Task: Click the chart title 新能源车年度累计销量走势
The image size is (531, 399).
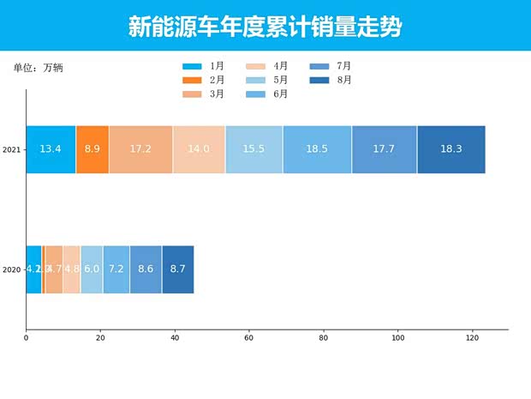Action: [265, 27]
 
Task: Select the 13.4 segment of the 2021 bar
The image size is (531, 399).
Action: [51, 149]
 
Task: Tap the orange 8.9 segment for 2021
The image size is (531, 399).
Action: [92, 149]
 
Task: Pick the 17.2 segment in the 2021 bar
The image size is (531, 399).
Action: [140, 149]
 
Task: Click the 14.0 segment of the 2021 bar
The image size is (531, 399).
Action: [199, 149]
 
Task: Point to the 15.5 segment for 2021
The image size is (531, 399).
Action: [254, 149]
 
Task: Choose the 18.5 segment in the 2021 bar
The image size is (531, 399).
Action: [317, 149]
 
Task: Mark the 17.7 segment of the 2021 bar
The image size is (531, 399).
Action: [384, 149]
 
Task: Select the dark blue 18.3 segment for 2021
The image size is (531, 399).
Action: [451, 149]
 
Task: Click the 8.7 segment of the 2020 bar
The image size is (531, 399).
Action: [177, 269]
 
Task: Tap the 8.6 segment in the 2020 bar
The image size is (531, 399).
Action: [146, 269]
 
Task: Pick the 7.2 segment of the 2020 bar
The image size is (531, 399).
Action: [116, 269]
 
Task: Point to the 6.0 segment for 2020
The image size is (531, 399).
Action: [92, 269]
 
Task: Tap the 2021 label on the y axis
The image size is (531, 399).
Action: [11, 150]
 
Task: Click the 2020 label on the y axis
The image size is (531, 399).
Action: [11, 270]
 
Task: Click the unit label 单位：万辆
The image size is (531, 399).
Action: [38, 67]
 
